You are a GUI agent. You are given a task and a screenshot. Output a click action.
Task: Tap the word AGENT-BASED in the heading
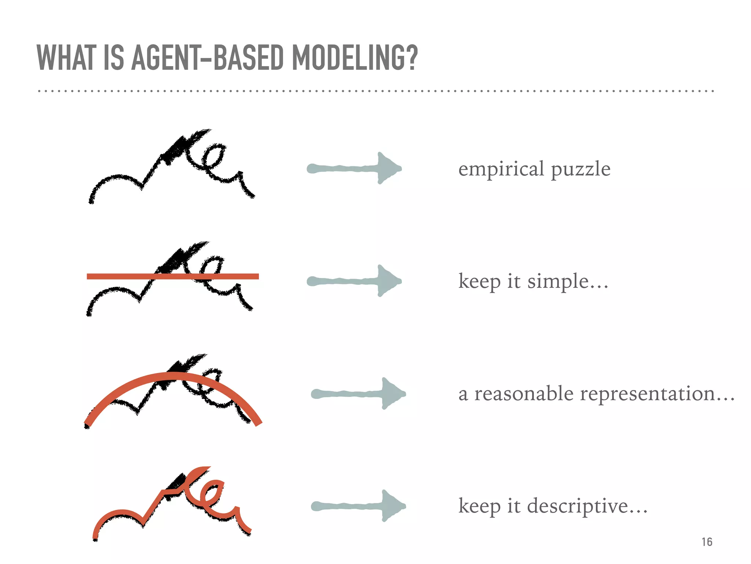[x=207, y=58]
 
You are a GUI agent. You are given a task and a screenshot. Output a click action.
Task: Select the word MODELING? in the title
[x=355, y=58]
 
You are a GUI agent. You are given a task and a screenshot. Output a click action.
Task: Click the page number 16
[x=707, y=542]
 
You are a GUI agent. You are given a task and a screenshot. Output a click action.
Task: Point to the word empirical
[x=501, y=169]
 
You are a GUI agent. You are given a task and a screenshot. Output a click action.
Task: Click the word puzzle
[x=580, y=170]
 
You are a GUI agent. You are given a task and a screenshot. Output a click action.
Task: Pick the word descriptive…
[x=587, y=506]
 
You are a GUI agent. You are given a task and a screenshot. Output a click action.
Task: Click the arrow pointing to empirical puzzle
[x=354, y=169]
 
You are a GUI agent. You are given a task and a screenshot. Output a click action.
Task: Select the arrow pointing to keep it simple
[x=354, y=281]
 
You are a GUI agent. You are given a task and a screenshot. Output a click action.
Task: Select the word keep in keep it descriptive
[x=479, y=506]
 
